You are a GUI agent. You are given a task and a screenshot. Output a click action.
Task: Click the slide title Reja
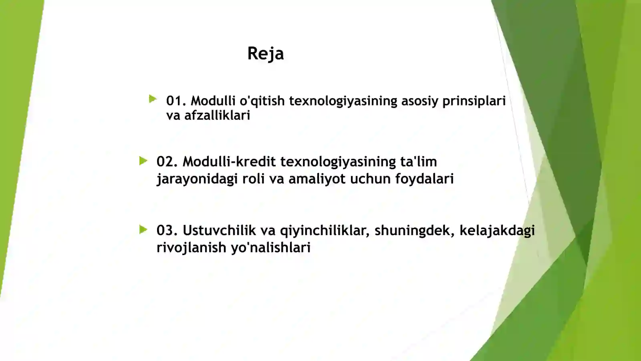pyautogui.click(x=265, y=53)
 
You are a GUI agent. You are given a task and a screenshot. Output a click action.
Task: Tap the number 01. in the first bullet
pyautogui.click(x=176, y=101)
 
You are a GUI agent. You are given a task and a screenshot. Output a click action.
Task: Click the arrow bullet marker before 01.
pyautogui.click(x=153, y=99)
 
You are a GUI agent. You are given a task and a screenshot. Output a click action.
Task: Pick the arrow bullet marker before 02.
pyautogui.click(x=143, y=161)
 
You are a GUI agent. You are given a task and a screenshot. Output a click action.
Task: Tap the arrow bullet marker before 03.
pyautogui.click(x=143, y=229)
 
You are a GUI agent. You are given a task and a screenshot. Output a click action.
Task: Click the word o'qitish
pyautogui.click(x=262, y=101)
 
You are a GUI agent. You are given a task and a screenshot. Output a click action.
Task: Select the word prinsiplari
pyautogui.click(x=474, y=101)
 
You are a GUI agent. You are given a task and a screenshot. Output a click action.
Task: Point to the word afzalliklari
pyautogui.click(x=217, y=116)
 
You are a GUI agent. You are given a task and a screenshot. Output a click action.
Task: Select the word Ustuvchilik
pyautogui.click(x=219, y=230)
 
